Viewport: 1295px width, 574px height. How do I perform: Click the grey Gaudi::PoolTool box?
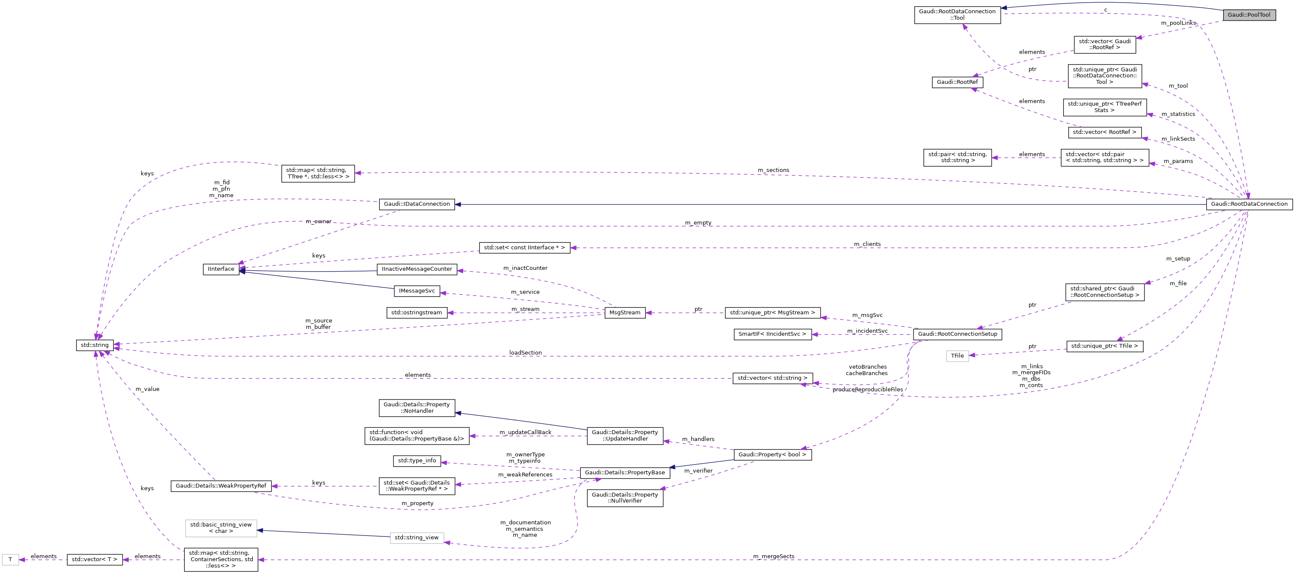tap(1249, 15)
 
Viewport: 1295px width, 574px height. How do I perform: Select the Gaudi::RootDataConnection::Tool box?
tap(957, 15)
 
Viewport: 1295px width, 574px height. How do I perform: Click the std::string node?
tap(95, 345)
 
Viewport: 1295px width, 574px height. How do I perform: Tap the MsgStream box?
tap(625, 313)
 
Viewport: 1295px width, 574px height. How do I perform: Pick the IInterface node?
tap(221, 269)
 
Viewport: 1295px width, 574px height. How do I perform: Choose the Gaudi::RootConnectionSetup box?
tap(957, 334)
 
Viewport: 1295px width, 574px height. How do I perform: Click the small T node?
tap(10, 559)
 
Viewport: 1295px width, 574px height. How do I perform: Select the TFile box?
tap(957, 356)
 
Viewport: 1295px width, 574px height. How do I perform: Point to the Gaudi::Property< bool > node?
tap(772, 455)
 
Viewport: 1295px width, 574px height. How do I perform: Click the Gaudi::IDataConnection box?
tap(417, 204)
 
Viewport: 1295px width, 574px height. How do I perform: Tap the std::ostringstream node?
tap(417, 313)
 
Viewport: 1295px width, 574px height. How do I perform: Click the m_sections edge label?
tap(773, 170)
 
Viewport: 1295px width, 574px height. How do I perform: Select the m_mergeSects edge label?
tap(773, 556)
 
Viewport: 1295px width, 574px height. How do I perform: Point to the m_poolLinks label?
tap(1178, 23)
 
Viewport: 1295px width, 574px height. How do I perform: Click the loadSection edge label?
tap(525, 353)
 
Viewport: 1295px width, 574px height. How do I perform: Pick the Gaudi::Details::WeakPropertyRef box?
tap(221, 486)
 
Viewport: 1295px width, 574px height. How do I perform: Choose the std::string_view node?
tap(417, 538)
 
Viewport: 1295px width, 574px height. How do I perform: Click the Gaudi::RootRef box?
tap(957, 82)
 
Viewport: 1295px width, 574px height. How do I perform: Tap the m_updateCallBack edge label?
tap(525, 432)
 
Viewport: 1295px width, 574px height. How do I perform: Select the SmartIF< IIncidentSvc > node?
tap(772, 334)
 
